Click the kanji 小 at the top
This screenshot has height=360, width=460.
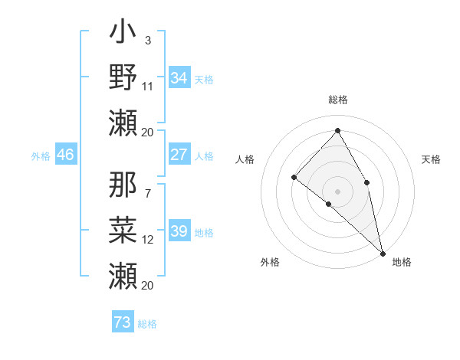click(123, 35)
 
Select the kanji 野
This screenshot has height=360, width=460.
click(123, 77)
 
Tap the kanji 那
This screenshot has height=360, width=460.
click(123, 184)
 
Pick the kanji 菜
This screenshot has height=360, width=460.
click(123, 227)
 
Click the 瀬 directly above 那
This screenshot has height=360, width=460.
click(123, 122)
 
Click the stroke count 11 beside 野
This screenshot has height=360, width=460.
click(148, 87)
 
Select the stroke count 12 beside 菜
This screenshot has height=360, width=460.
click(148, 240)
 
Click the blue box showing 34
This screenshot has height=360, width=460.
click(179, 78)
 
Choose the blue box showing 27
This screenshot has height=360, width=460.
click(179, 155)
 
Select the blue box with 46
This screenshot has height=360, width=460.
click(65, 155)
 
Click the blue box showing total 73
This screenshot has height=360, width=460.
click(122, 322)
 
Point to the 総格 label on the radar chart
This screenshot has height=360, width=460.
click(338, 100)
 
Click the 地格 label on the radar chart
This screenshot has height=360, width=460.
click(402, 262)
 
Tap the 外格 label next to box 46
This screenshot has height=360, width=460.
click(40, 156)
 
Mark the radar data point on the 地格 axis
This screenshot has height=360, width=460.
click(383, 253)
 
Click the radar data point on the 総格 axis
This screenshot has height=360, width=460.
click(337, 130)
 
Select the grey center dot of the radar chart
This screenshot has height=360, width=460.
click(337, 191)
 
